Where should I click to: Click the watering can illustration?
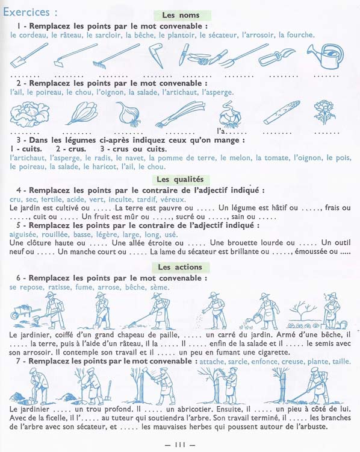pos(326,56)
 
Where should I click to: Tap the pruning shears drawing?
pos(276,57)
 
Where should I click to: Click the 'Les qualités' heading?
pos(180,180)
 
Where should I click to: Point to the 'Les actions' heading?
pos(180,267)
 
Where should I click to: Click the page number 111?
pos(180,445)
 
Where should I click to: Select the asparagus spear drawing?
pos(281,113)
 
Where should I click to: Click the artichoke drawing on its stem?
pos(324,112)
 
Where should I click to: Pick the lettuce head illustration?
pos(29,114)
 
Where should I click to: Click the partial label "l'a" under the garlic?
pos(221,131)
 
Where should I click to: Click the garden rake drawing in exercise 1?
pos(116,57)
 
